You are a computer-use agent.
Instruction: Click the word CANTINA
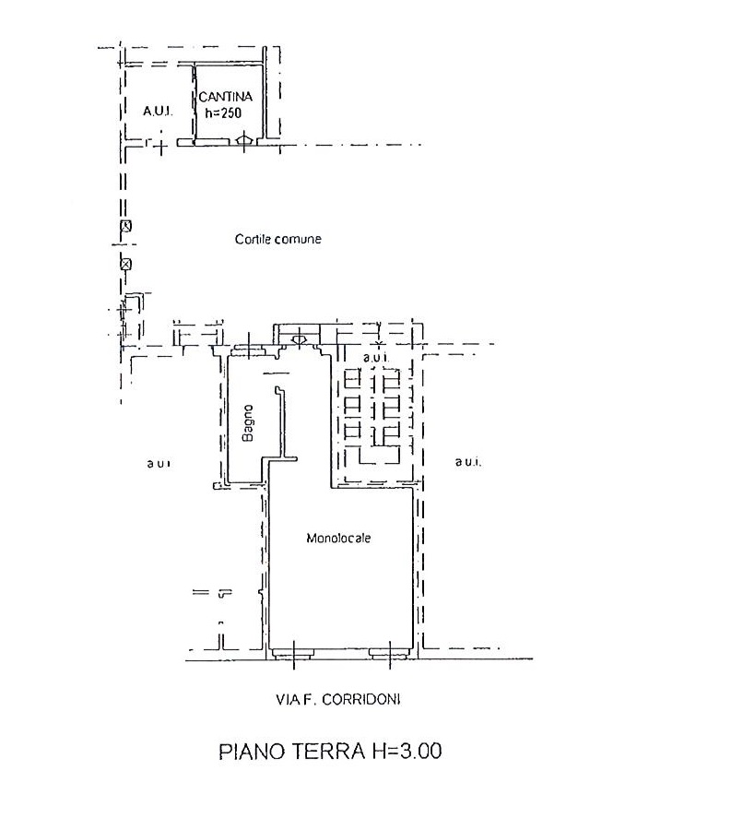click(x=225, y=97)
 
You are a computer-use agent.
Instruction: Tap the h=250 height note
click(x=223, y=113)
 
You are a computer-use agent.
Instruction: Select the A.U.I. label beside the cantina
click(x=158, y=111)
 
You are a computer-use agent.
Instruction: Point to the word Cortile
click(x=253, y=239)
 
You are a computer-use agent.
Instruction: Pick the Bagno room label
click(x=248, y=423)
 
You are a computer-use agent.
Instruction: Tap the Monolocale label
click(x=338, y=538)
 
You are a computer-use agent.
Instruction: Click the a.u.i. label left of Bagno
click(x=158, y=463)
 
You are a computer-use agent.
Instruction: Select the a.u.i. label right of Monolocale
click(x=468, y=462)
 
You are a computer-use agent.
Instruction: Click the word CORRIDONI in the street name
click(x=361, y=700)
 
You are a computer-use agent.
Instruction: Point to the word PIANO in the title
click(x=252, y=752)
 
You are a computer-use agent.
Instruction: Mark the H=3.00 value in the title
click(x=407, y=752)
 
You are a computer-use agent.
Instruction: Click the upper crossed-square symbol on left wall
click(x=125, y=227)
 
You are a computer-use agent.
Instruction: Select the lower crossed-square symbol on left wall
click(x=125, y=264)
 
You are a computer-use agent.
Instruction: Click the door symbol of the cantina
click(x=244, y=140)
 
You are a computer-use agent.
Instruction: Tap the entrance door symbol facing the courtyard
click(x=299, y=339)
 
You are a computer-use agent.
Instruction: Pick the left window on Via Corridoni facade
click(x=293, y=653)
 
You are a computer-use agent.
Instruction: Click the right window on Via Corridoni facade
click(x=390, y=653)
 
